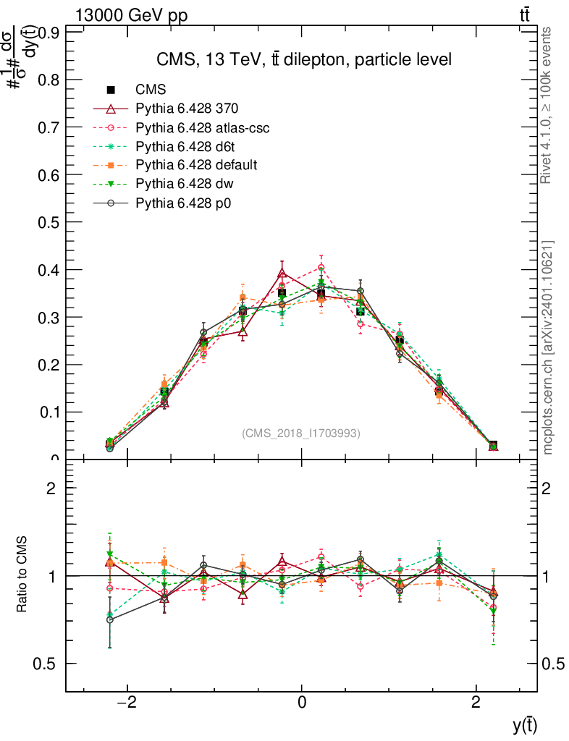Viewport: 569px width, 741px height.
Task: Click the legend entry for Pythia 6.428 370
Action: (x=187, y=109)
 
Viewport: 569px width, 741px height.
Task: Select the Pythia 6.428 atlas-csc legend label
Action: (x=203, y=128)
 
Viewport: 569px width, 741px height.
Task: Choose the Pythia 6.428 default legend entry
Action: (x=196, y=166)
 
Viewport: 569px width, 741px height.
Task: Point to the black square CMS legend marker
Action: (x=111, y=90)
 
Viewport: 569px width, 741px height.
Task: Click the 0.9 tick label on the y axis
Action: (x=49, y=33)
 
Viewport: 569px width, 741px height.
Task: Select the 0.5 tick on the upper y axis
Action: (x=49, y=222)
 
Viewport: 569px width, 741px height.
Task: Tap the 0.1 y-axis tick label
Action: (x=49, y=412)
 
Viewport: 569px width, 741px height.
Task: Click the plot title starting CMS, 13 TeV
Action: (x=304, y=60)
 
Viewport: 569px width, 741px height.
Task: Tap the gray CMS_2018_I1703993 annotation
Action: (x=301, y=433)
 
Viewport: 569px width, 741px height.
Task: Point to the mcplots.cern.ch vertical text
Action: (x=548, y=347)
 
